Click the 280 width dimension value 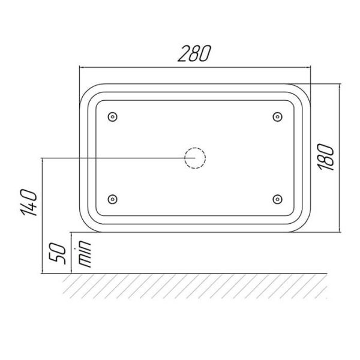click(x=194, y=53)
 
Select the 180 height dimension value click(x=326, y=157)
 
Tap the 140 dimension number click(x=29, y=203)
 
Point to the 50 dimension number click(x=58, y=253)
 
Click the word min click(x=85, y=254)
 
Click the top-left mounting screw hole click(x=113, y=117)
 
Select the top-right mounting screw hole click(x=277, y=117)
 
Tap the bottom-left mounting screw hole click(x=113, y=199)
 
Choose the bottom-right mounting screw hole click(x=277, y=199)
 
